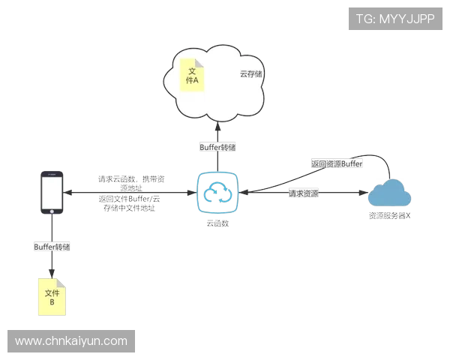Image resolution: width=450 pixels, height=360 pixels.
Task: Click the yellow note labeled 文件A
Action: click(x=191, y=75)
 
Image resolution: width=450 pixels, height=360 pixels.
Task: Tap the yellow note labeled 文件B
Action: click(x=52, y=296)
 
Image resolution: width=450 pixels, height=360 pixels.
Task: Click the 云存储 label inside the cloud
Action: click(x=250, y=74)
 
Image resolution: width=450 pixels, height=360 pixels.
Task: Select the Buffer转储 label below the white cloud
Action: click(x=217, y=148)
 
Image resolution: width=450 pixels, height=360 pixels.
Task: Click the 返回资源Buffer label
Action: click(x=337, y=163)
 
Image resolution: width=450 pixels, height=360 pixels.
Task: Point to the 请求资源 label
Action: click(x=303, y=193)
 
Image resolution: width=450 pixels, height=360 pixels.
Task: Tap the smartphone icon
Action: click(x=51, y=193)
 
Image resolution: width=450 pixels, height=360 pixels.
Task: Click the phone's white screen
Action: click(x=51, y=191)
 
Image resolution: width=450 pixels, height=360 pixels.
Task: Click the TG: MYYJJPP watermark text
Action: click(x=395, y=19)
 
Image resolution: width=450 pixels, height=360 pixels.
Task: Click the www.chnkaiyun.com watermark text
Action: click(x=71, y=341)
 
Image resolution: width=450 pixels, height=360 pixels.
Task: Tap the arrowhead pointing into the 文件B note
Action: click(x=52, y=271)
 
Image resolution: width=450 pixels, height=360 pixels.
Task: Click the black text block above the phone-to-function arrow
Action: click(x=131, y=181)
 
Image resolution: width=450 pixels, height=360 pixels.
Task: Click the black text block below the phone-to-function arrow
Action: click(x=131, y=204)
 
